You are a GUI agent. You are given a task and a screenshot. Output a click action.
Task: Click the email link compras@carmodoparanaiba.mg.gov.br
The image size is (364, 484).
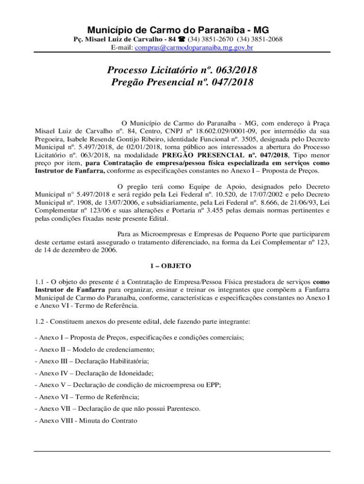[194, 48]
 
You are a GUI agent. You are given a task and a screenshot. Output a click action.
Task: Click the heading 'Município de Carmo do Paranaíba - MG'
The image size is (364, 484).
[182, 30]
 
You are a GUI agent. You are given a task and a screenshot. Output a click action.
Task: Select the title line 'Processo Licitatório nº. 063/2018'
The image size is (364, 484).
[182, 70]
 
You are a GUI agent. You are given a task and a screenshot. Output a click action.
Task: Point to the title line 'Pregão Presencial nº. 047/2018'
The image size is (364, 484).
[182, 83]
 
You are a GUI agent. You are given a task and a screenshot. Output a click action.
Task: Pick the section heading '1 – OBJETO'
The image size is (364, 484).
[182, 266]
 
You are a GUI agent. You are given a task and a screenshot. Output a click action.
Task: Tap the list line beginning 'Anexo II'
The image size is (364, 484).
[95, 350]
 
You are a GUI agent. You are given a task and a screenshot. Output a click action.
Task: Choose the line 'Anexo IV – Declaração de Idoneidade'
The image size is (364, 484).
[94, 373]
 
